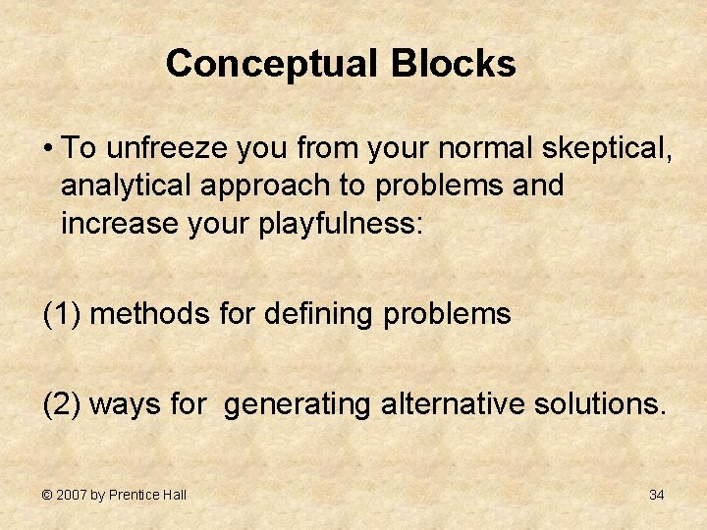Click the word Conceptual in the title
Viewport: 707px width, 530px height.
(272, 65)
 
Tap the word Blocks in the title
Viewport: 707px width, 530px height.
(453, 65)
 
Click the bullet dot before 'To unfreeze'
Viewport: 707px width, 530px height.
(47, 149)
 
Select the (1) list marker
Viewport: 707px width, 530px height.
(62, 314)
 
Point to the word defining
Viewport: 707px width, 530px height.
(321, 314)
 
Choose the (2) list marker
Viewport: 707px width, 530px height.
(62, 403)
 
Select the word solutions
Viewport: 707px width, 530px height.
(600, 403)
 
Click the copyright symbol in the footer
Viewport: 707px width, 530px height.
(46, 495)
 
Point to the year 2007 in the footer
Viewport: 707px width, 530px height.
(71, 495)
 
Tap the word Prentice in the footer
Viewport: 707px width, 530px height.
(134, 495)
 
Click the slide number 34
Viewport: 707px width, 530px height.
(656, 495)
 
